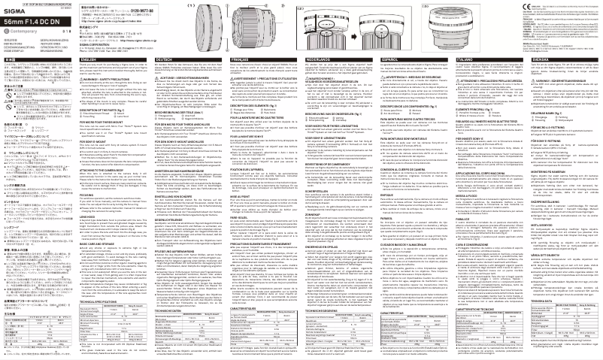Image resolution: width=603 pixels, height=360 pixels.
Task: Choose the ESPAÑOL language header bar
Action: (x=421, y=59)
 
